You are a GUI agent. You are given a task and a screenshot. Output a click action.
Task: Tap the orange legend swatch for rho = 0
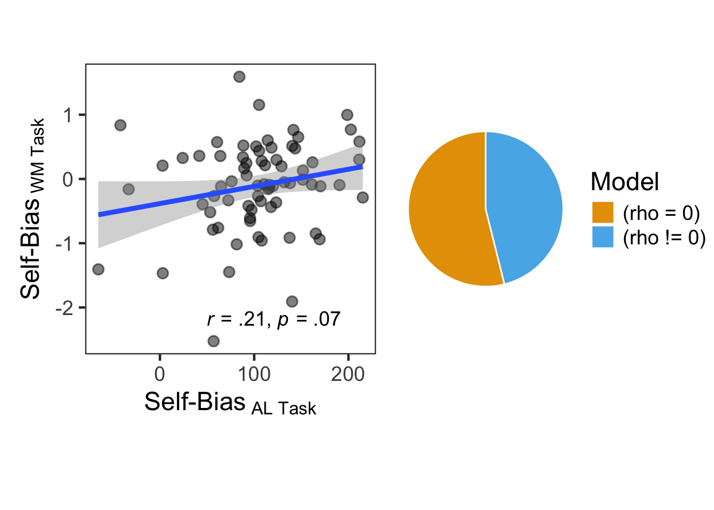tap(602, 212)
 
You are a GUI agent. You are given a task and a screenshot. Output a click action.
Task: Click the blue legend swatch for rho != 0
tap(602, 237)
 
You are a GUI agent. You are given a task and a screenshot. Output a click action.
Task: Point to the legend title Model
tap(624, 182)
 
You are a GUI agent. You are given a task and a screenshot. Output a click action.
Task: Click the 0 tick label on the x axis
tap(159, 374)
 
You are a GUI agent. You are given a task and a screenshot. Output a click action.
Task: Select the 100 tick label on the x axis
tap(254, 374)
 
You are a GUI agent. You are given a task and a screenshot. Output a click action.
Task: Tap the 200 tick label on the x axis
tap(348, 374)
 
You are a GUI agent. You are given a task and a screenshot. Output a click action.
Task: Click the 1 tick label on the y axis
tap(67, 115)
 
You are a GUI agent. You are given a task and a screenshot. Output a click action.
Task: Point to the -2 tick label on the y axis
tap(64, 308)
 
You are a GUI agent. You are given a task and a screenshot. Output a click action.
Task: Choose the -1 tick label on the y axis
tap(64, 243)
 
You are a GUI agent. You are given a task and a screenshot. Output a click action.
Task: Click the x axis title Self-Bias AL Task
tap(230, 403)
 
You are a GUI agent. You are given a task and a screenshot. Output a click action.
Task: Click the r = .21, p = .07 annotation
tap(274, 319)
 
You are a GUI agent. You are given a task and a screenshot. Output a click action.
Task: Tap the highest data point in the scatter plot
tap(239, 77)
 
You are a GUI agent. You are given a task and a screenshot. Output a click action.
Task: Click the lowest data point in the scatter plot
tap(214, 341)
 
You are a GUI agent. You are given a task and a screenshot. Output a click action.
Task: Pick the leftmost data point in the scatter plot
tap(98, 269)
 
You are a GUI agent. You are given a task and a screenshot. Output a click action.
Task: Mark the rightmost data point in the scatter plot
tap(363, 198)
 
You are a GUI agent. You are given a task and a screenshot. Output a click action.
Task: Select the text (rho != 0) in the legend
tap(664, 237)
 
